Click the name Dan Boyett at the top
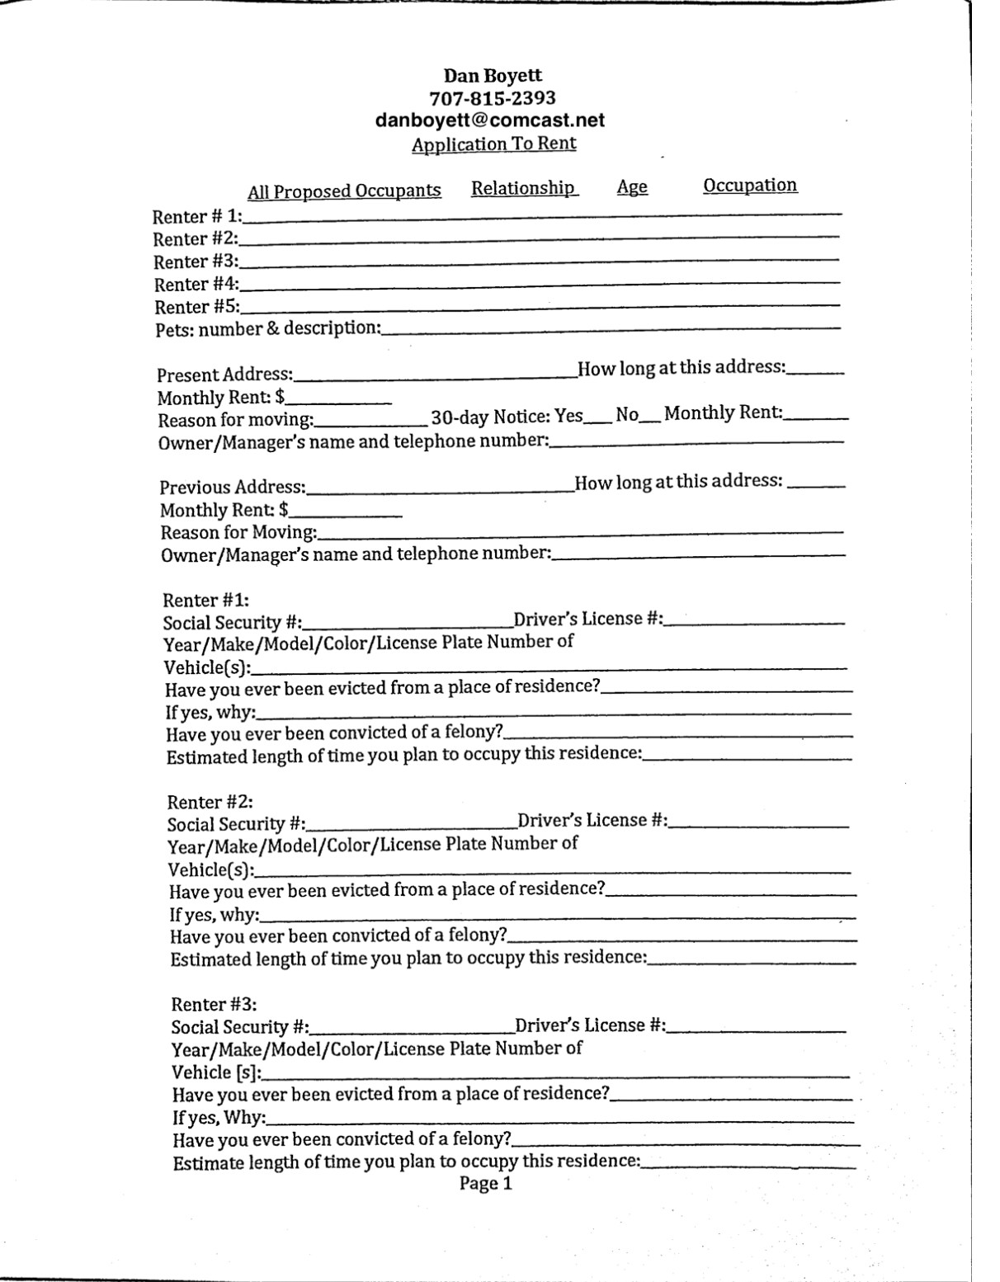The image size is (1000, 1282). point(493,76)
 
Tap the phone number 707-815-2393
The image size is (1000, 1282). point(493,98)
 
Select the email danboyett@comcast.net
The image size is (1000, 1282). point(490,120)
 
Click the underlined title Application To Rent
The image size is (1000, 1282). point(494,144)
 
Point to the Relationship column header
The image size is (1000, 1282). point(524,188)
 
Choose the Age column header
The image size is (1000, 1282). point(632,187)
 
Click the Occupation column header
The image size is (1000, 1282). point(750,185)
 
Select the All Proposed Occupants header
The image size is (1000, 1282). point(344,191)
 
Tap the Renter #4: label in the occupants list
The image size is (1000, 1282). point(196,285)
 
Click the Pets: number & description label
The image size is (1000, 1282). point(268,329)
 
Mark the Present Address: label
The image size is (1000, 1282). point(225,375)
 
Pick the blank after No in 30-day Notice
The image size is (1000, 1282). point(650,417)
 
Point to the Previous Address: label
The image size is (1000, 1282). point(233,488)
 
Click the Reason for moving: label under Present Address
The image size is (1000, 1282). point(236,421)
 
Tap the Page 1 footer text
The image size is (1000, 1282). point(486,1184)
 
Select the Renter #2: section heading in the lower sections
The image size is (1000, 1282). point(210,802)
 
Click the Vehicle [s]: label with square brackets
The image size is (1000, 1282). point(216,1072)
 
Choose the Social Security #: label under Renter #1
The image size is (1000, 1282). point(232,624)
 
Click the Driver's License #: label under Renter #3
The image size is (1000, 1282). point(591,1025)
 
